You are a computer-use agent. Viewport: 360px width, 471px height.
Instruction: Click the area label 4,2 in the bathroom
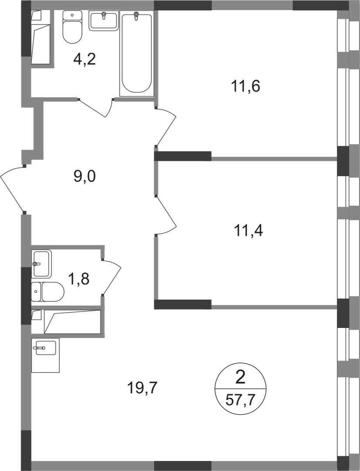(x=84, y=58)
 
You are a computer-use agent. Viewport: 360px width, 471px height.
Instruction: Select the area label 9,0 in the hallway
(x=85, y=176)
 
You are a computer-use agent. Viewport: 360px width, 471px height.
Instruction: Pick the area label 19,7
(x=142, y=386)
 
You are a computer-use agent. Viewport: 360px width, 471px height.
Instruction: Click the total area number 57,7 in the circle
(x=240, y=398)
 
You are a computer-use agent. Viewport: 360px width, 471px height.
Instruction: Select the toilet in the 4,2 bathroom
(x=72, y=27)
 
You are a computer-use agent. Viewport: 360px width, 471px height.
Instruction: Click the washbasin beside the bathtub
(x=103, y=21)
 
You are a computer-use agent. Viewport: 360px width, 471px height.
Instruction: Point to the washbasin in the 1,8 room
(x=41, y=263)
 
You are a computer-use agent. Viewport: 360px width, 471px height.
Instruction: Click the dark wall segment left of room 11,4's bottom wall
(x=183, y=304)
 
